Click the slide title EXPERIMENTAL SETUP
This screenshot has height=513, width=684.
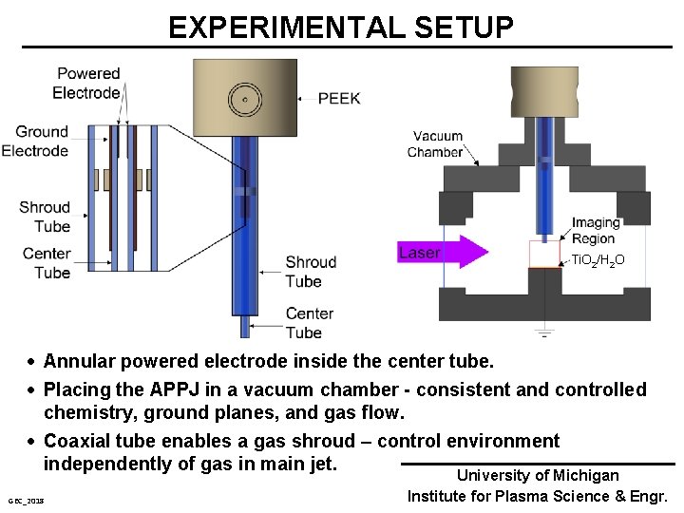(341, 27)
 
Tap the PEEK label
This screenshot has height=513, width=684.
(338, 98)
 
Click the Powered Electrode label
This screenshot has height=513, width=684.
(87, 83)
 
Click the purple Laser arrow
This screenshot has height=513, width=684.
(442, 253)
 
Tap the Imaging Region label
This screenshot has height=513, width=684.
(596, 231)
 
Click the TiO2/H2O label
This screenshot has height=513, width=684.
(598, 259)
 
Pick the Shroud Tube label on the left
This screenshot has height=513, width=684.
(45, 217)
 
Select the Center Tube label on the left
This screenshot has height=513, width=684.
(47, 263)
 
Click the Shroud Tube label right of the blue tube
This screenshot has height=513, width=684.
(311, 271)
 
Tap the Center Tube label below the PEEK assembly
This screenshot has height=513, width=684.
(310, 323)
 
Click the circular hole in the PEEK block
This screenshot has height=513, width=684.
(245, 99)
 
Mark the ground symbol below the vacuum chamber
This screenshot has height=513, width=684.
(543, 332)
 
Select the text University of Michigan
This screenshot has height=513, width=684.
(538, 475)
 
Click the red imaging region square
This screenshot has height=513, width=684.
(545, 254)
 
